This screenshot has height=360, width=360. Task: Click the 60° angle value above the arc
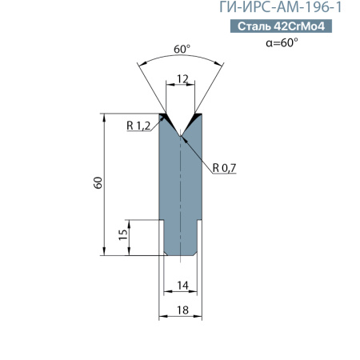tap(182, 50)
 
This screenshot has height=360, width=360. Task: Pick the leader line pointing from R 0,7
tap(200, 153)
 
